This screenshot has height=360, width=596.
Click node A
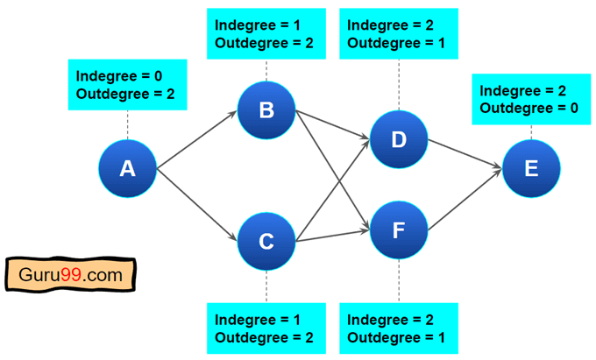127,167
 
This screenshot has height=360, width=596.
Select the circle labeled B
266,110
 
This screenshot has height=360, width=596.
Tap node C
266,240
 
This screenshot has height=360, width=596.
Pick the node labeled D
399,138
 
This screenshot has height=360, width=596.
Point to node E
531,167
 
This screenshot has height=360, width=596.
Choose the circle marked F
399,230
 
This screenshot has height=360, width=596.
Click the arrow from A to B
197,138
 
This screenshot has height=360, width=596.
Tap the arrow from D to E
465,153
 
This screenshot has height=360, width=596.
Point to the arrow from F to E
465,201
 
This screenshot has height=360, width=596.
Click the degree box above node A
127,85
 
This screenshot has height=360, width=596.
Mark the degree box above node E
531,98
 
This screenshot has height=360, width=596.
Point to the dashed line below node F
399,280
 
